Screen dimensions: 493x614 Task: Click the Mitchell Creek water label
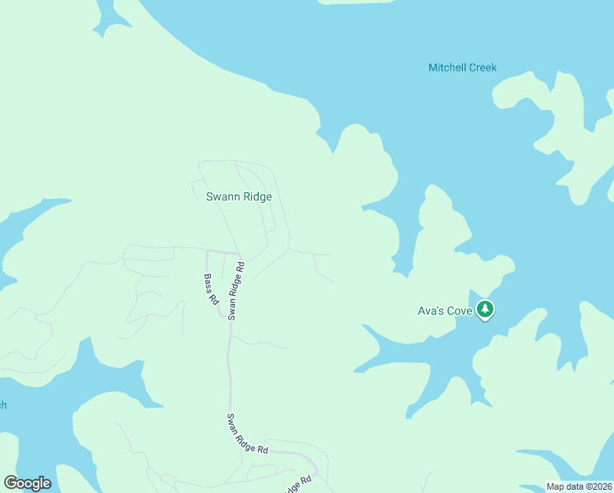(x=462, y=67)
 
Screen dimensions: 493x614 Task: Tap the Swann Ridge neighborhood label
(x=238, y=197)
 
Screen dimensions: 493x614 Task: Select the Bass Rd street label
(x=211, y=290)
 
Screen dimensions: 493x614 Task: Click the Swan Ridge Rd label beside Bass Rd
(x=236, y=291)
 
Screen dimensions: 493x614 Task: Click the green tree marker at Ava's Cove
(x=486, y=310)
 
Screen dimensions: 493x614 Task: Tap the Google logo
(x=27, y=483)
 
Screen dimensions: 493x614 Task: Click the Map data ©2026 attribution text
(x=579, y=486)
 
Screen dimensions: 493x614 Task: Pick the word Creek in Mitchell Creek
(x=482, y=67)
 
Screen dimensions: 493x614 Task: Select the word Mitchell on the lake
(x=447, y=67)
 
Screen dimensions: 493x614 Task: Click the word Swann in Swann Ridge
(x=221, y=197)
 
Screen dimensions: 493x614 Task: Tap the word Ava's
(x=430, y=311)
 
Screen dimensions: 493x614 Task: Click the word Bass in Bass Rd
(x=208, y=283)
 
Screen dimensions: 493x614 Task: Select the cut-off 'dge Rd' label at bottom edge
(x=300, y=485)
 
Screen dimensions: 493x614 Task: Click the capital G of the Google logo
(x=11, y=483)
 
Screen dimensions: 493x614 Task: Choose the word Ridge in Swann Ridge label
(x=256, y=197)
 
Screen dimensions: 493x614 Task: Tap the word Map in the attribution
(x=555, y=486)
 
